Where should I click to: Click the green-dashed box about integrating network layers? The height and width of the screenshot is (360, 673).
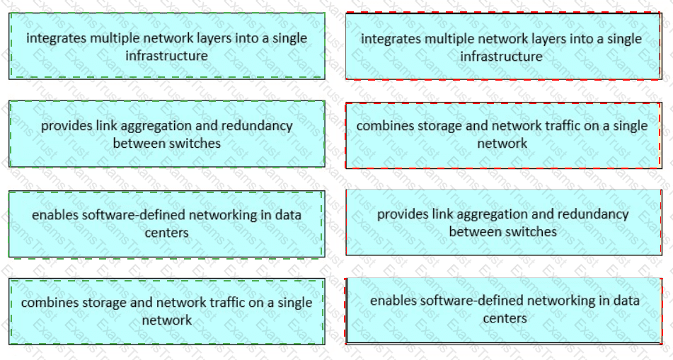tap(166, 46)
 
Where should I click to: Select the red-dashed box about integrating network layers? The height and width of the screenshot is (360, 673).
tap(503, 47)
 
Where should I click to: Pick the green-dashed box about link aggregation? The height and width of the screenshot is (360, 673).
tap(166, 134)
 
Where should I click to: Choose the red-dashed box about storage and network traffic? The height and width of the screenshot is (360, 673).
tap(503, 134)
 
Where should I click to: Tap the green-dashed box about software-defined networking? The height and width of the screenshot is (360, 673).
tap(166, 223)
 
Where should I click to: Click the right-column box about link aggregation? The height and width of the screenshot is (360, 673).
tap(503, 222)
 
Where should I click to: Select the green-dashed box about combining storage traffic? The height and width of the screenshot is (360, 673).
tap(166, 311)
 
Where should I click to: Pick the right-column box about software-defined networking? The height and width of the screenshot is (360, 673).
tap(503, 310)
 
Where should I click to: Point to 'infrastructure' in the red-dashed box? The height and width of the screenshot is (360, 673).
tap(501, 57)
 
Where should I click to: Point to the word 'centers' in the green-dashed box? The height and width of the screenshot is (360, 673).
tap(166, 233)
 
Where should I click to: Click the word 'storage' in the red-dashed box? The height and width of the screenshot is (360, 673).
tap(431, 126)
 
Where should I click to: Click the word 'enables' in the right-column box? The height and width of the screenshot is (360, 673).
tap(392, 301)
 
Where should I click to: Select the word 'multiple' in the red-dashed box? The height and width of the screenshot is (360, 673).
tap(444, 39)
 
